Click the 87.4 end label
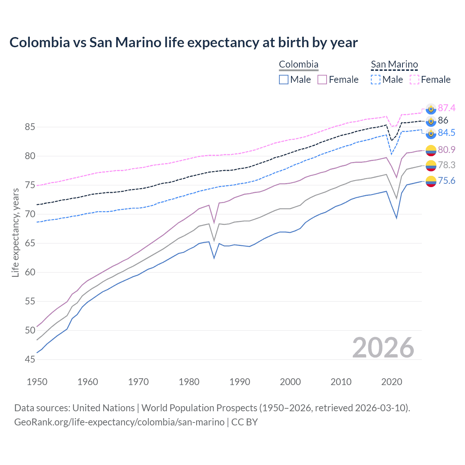click(446, 108)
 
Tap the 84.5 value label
click(446, 133)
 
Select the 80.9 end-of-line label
click(446, 150)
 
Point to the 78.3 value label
click(446, 165)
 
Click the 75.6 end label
click(446, 181)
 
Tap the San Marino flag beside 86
click(431, 121)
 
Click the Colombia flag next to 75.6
click(431, 181)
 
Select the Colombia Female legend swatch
click(322, 80)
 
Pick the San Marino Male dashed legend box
click(376, 80)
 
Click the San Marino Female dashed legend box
click(415, 80)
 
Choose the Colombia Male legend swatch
click(284, 80)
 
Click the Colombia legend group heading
click(299, 64)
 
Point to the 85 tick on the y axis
click(30, 127)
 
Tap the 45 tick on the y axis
click(30, 359)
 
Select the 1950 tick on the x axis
click(37, 382)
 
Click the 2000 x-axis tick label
click(291, 382)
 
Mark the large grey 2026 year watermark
click(383, 348)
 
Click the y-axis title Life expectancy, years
click(15, 232)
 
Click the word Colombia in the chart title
click(40, 43)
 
